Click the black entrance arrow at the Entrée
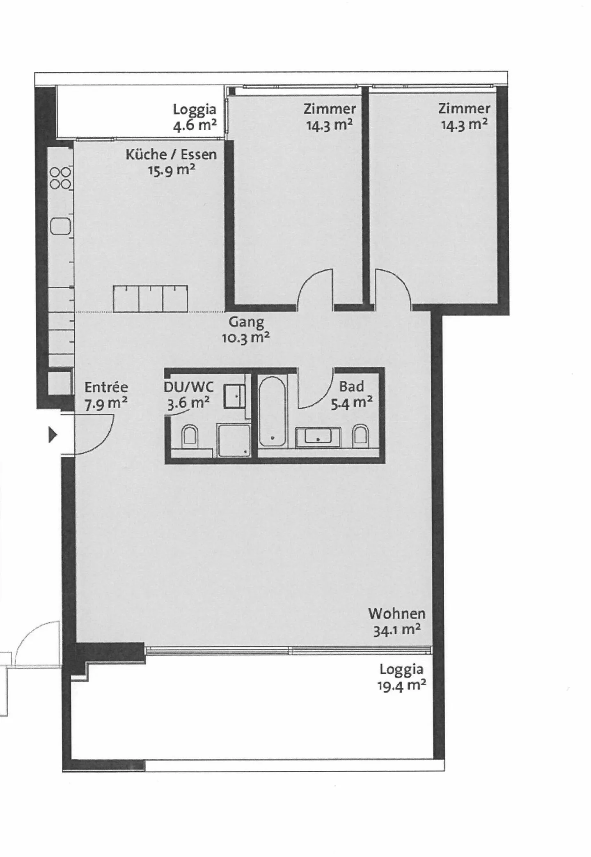point(53,435)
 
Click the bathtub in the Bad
point(273,411)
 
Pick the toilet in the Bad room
point(360,436)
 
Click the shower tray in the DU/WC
point(234,441)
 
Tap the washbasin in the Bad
point(318,437)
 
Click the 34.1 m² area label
point(396,630)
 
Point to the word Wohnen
point(396,613)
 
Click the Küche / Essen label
point(171,154)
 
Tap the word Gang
point(246,322)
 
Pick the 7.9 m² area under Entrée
point(106,404)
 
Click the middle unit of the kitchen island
point(151,299)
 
